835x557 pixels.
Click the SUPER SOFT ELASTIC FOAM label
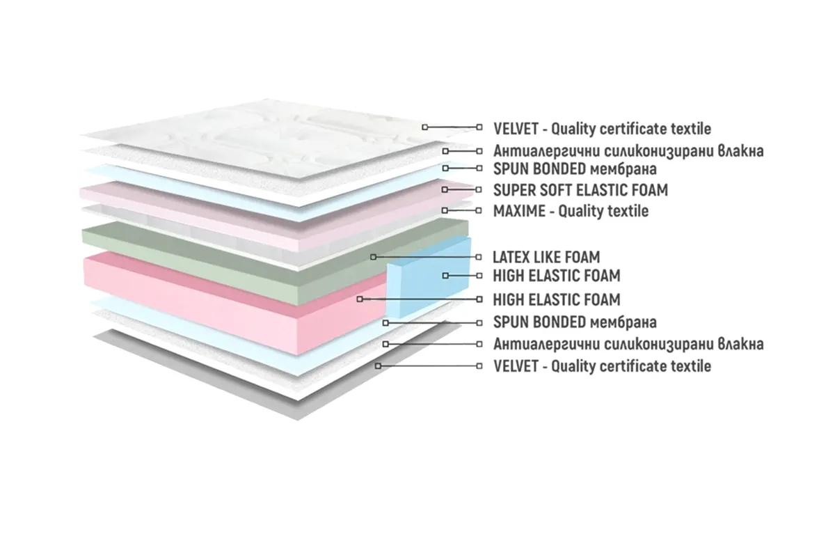580,190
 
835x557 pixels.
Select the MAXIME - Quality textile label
571,211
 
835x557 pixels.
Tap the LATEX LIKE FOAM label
546,257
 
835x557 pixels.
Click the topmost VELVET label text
602,129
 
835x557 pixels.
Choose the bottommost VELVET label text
602,366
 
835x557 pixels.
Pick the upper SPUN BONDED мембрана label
575,168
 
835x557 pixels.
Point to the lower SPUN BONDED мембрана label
575,322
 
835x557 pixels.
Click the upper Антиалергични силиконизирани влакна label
628,151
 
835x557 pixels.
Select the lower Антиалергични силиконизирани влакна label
628,344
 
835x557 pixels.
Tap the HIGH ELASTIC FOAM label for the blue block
557,276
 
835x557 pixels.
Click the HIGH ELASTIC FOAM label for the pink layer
557,299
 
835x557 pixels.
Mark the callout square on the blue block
445,276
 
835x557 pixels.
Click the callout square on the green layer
373,257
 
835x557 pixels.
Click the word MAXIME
519,211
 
